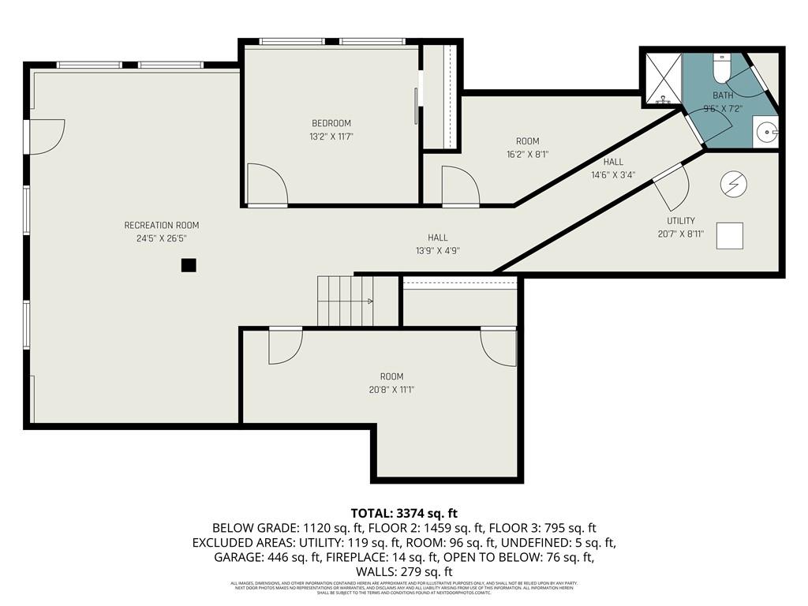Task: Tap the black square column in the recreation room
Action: tap(188, 265)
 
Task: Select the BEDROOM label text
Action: tap(331, 123)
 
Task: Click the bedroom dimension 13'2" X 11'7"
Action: tap(331, 137)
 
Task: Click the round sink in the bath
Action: tap(765, 132)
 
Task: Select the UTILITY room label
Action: tap(680, 221)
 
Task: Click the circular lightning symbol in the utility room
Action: tap(733, 184)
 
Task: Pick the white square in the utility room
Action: tap(730, 236)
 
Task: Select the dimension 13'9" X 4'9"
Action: tap(437, 251)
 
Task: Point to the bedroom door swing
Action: tap(267, 185)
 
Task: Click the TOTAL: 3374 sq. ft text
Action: tap(404, 514)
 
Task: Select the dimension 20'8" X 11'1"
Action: tap(391, 390)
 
